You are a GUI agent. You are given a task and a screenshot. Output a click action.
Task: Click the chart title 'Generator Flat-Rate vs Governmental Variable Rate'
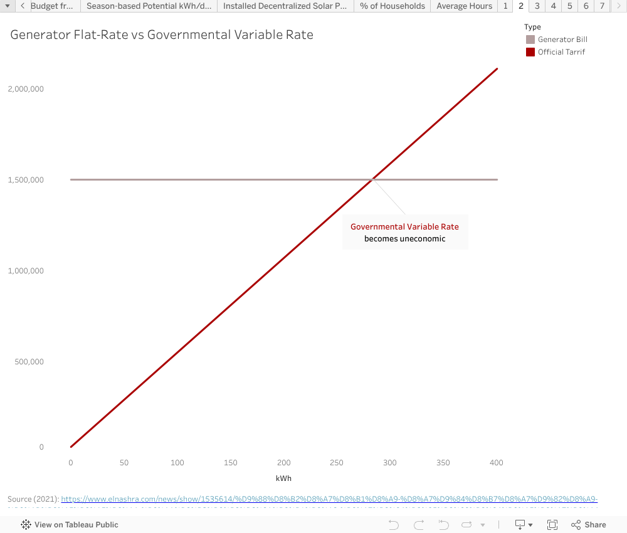pyautogui.click(x=162, y=35)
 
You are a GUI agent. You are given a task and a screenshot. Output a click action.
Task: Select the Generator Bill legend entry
pyautogui.click(x=562, y=40)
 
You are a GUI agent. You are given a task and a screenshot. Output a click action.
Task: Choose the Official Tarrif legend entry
pyautogui.click(x=561, y=52)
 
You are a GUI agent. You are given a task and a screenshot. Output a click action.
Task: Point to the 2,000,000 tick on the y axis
pyautogui.click(x=26, y=89)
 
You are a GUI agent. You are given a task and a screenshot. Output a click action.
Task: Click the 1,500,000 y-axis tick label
pyautogui.click(x=26, y=180)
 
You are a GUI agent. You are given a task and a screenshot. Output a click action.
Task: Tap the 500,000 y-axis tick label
pyautogui.click(x=29, y=362)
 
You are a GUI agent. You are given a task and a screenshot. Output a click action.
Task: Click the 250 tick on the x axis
pyautogui.click(x=337, y=463)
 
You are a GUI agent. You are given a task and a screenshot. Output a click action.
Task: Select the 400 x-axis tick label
pyautogui.click(x=497, y=463)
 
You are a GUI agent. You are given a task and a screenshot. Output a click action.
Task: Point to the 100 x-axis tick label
pyautogui.click(x=177, y=463)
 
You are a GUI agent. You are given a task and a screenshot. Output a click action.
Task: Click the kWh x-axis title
pyautogui.click(x=283, y=478)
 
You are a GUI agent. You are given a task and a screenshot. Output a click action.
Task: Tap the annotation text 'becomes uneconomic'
pyautogui.click(x=404, y=238)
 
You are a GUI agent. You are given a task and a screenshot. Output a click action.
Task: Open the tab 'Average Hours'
pyautogui.click(x=464, y=6)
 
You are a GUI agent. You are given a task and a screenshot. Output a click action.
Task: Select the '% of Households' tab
pyautogui.click(x=393, y=6)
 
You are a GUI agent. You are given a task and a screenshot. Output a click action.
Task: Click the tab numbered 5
pyautogui.click(x=569, y=6)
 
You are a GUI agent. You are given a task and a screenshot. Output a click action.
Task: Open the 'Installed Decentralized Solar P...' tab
pyautogui.click(x=285, y=6)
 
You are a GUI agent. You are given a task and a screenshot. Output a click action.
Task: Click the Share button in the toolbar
pyautogui.click(x=589, y=525)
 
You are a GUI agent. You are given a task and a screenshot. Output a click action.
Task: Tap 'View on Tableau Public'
pyautogui.click(x=70, y=525)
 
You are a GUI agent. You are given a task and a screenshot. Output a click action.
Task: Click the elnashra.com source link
pyautogui.click(x=329, y=499)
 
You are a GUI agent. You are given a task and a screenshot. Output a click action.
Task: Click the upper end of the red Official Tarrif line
pyautogui.click(x=497, y=69)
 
